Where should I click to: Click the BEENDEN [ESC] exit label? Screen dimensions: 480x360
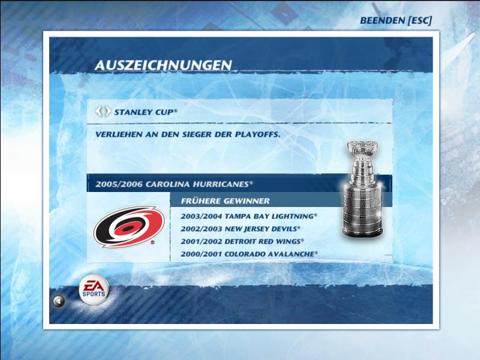coord(396,20)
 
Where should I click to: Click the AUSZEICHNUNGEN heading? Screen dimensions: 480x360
coord(163,65)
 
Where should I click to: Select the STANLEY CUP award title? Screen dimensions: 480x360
coord(146,112)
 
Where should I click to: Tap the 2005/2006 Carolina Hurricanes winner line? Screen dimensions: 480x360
coord(174,184)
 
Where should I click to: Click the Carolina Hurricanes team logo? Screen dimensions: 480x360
coord(129,227)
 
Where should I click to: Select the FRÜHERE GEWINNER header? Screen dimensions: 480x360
coord(226,201)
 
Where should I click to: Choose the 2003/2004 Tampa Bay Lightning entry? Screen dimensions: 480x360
coord(249,216)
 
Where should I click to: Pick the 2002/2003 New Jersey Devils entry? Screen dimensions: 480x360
coord(241,229)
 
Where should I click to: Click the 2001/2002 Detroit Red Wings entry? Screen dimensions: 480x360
coord(242,241)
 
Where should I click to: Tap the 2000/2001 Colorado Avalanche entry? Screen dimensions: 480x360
coord(249,254)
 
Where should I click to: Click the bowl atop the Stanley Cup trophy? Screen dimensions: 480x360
coord(362,148)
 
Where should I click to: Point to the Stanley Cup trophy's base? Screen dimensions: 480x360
coord(363,231)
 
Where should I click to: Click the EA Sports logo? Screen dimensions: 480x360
coord(94,289)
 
